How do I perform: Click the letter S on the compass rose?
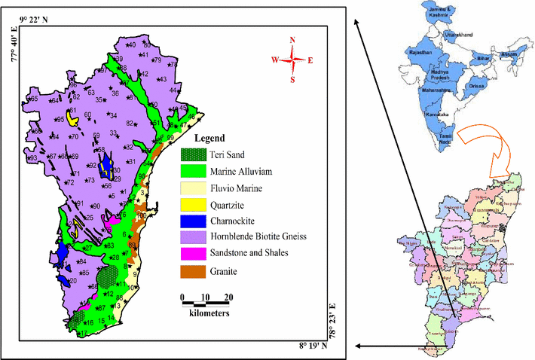[x=294, y=79]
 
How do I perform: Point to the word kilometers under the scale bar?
[x=205, y=311]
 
